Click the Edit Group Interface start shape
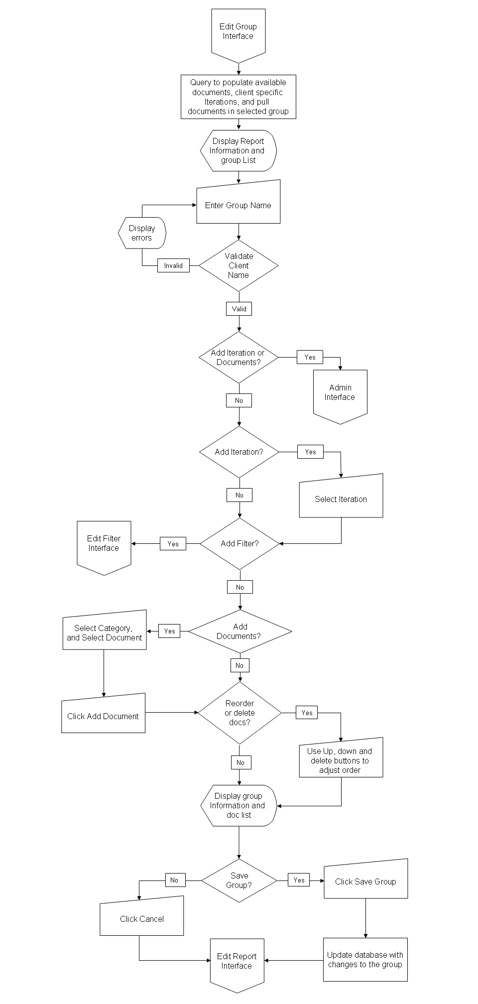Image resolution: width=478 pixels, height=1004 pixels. [238, 32]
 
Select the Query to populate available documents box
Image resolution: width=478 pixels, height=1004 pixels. [238, 97]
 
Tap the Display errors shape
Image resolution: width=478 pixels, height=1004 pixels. [142, 233]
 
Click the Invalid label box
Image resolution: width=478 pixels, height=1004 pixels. [173, 265]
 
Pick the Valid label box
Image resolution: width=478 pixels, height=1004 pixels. [239, 309]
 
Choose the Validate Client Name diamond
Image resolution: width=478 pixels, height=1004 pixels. [239, 265]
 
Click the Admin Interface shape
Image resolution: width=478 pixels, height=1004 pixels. [340, 393]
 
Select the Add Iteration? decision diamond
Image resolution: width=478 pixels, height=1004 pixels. [239, 452]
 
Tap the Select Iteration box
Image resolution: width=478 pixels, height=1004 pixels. [341, 498]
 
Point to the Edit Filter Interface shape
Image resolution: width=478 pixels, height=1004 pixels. [104, 544]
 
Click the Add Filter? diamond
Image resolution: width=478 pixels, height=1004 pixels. [239, 543]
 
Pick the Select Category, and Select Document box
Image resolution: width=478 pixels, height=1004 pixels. [105, 631]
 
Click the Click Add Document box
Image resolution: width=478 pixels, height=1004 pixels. [103, 715]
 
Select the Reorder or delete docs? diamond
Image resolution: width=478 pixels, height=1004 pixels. [239, 713]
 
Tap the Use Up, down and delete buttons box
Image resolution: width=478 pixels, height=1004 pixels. [341, 759]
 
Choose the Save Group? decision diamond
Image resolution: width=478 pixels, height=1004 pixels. [239, 880]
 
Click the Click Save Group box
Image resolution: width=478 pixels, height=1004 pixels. [365, 880]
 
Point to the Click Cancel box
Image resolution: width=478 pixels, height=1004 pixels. [142, 917]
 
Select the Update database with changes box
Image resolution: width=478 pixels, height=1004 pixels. [365, 960]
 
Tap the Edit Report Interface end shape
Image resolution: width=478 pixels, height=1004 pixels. [237, 962]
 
